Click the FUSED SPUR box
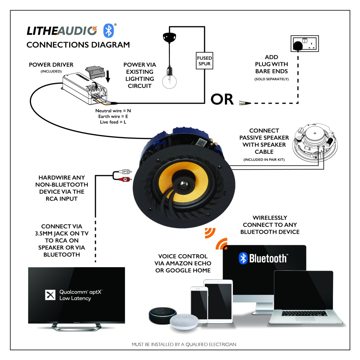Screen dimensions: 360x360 204,61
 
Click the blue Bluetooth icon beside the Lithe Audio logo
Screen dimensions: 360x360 109,31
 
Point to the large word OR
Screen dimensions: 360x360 222,99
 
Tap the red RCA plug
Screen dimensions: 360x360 124,179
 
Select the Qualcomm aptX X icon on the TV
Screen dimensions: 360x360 49,295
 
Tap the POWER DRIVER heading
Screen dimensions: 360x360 51,65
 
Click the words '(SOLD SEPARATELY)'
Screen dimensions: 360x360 271,78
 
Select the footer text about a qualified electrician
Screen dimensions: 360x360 184,345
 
